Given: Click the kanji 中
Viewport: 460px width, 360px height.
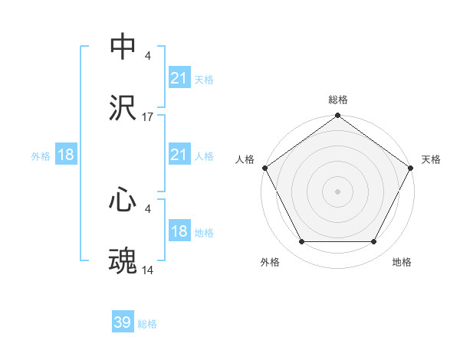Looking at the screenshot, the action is pos(123,47).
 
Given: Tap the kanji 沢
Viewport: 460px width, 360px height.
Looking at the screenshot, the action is pos(123,109).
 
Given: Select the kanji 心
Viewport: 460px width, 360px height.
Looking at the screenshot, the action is pos(123,200).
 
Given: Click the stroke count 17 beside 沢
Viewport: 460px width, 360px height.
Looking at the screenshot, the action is pos(148,117).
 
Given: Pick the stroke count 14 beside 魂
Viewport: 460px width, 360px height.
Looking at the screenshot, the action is pos(148,271).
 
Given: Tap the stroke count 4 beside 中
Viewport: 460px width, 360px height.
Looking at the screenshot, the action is pos(148,56).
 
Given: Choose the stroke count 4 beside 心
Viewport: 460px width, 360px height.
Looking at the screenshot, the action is pos(148,209).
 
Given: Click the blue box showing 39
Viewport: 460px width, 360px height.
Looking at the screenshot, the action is pos(123,323).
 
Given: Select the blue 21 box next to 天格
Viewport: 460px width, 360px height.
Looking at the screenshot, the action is pos(179,78).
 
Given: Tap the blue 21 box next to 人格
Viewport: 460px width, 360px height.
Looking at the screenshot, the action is pos(179,155).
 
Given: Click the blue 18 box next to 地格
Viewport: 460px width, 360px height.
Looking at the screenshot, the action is pos(179,232).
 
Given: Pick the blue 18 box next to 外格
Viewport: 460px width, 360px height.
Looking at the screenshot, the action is pos(66,155).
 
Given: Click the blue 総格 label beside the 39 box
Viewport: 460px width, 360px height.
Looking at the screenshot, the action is pos(147,324).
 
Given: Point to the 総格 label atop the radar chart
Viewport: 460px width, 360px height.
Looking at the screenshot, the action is pos(338,100).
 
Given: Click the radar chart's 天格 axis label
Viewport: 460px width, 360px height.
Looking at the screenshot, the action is pos(431,159).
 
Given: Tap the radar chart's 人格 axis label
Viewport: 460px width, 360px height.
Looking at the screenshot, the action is pos(245,159).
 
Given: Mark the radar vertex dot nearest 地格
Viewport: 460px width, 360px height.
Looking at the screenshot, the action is pos(374,242).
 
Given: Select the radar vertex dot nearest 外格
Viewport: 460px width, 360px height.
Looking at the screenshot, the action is pos(301,242).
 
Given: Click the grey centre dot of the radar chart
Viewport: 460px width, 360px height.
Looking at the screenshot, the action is pos(338,191).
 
